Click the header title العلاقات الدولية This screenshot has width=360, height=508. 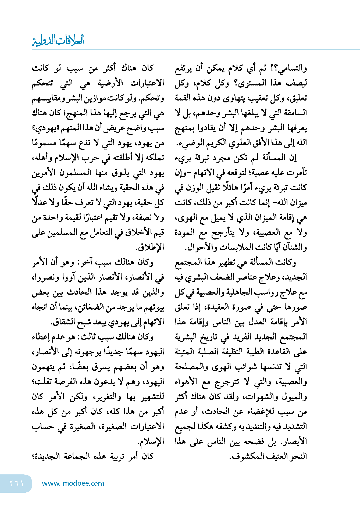tap(58, 40)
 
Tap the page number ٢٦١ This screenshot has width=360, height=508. tap(16, 483)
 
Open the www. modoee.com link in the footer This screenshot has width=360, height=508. tap(73, 483)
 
